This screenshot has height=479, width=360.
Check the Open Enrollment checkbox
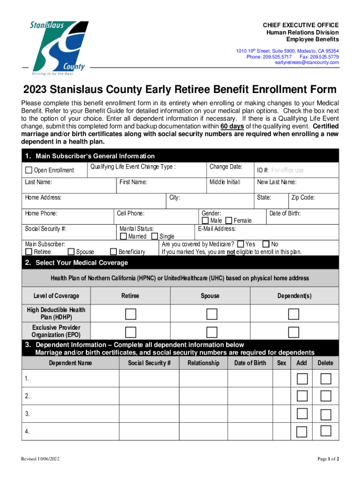coord(29,170)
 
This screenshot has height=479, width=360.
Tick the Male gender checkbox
coord(205,220)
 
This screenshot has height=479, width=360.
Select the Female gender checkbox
coord(229,220)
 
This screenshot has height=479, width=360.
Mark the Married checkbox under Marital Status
coord(123,236)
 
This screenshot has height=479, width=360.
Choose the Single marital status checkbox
coord(155,236)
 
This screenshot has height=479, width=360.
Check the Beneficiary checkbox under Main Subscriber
coord(113,252)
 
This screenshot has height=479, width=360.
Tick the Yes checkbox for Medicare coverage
coord(240,244)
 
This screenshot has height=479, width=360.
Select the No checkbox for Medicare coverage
coord(266,244)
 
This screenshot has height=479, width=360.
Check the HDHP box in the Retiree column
coord(130,314)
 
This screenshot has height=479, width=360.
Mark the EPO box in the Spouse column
coord(212,332)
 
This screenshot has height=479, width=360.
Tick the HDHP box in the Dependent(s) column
coord(294,314)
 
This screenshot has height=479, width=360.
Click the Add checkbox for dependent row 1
coord(302,378)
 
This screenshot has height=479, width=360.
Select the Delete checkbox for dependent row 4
coord(326,431)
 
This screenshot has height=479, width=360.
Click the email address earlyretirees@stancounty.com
coord(307,63)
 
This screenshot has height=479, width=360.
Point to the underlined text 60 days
coord(231,126)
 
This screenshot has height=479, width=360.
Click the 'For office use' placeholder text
coord(287,170)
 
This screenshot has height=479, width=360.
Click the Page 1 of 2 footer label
coord(328,459)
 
